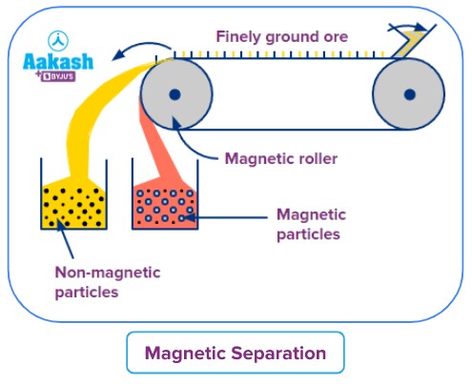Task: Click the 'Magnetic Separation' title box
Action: [x=235, y=354]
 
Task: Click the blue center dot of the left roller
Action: [x=176, y=93]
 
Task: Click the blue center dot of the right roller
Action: [x=409, y=93]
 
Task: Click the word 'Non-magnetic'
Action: [x=108, y=273]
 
